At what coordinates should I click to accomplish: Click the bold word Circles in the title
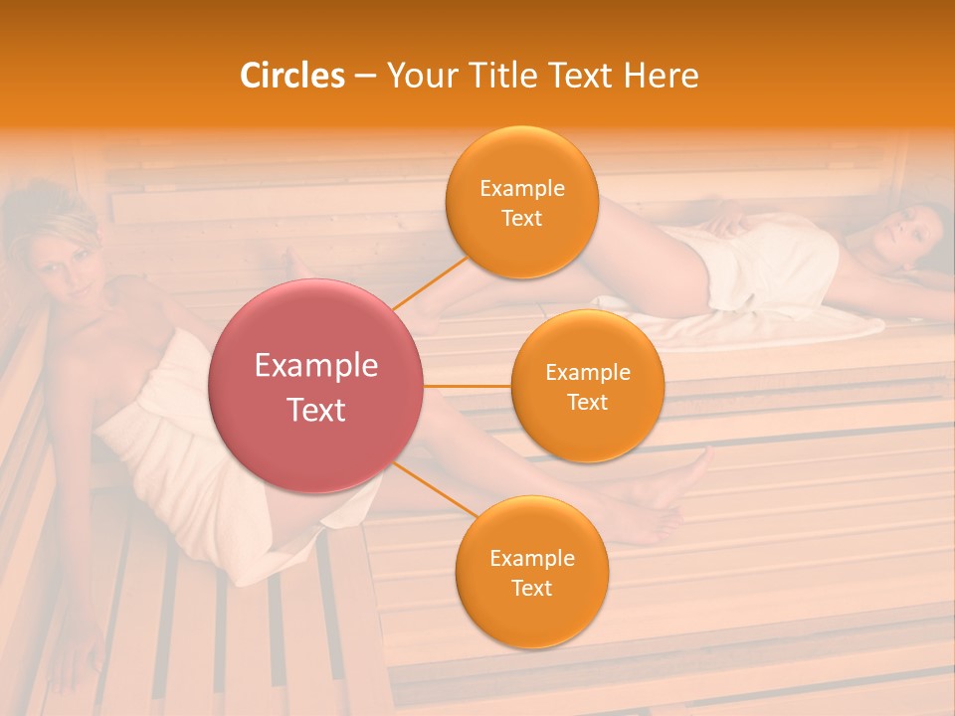(291, 76)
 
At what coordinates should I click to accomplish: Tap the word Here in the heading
(661, 76)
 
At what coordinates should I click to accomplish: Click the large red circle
(316, 386)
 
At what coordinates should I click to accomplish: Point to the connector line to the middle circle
(468, 386)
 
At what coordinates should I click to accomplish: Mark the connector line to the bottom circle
(435, 489)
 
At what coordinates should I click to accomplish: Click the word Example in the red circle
(316, 366)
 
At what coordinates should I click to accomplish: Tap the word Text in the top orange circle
(521, 218)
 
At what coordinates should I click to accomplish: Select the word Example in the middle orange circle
(587, 373)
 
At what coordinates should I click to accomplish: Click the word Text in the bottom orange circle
(531, 588)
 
